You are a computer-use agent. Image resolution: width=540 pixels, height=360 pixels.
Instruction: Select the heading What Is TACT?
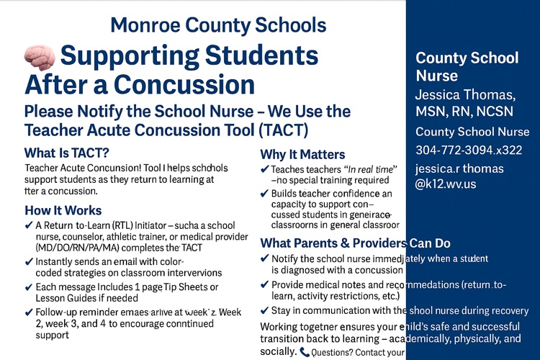(x=66, y=153)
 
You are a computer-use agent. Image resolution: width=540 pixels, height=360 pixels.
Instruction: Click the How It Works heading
(x=63, y=210)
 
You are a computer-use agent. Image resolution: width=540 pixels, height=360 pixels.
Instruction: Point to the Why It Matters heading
(x=302, y=154)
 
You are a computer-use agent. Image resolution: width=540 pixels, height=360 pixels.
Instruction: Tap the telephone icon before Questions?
(x=305, y=352)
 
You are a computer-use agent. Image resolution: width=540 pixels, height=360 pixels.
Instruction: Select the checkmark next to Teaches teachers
(x=264, y=169)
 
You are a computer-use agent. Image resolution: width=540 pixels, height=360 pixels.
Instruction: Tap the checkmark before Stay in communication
(x=264, y=310)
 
